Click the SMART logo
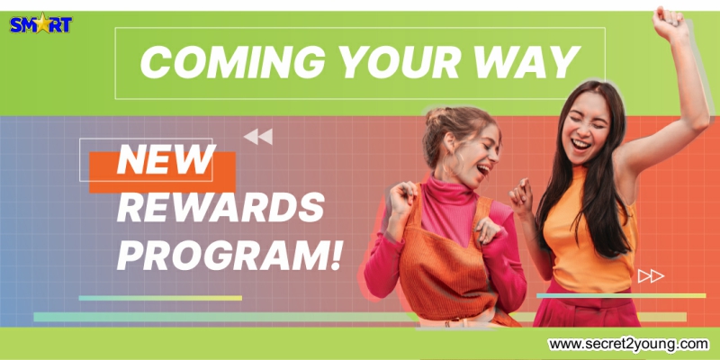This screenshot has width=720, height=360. point(40,23)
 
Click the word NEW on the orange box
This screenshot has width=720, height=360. point(166,159)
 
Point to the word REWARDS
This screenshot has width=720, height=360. point(220,208)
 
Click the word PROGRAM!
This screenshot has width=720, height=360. point(229,256)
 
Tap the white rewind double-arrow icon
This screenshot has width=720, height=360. point(258,137)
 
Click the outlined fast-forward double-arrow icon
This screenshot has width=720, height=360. point(651,276)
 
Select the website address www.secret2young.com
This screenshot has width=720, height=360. point(628,344)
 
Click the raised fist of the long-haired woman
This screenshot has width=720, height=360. point(669,23)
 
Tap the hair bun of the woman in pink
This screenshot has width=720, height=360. point(436,116)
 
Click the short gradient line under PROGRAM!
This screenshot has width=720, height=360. point(160,298)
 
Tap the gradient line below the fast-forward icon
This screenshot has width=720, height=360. point(621,296)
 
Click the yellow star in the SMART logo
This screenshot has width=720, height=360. point(42,23)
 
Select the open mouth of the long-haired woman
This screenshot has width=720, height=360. point(580,145)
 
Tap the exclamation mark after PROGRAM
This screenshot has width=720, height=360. point(336,256)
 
